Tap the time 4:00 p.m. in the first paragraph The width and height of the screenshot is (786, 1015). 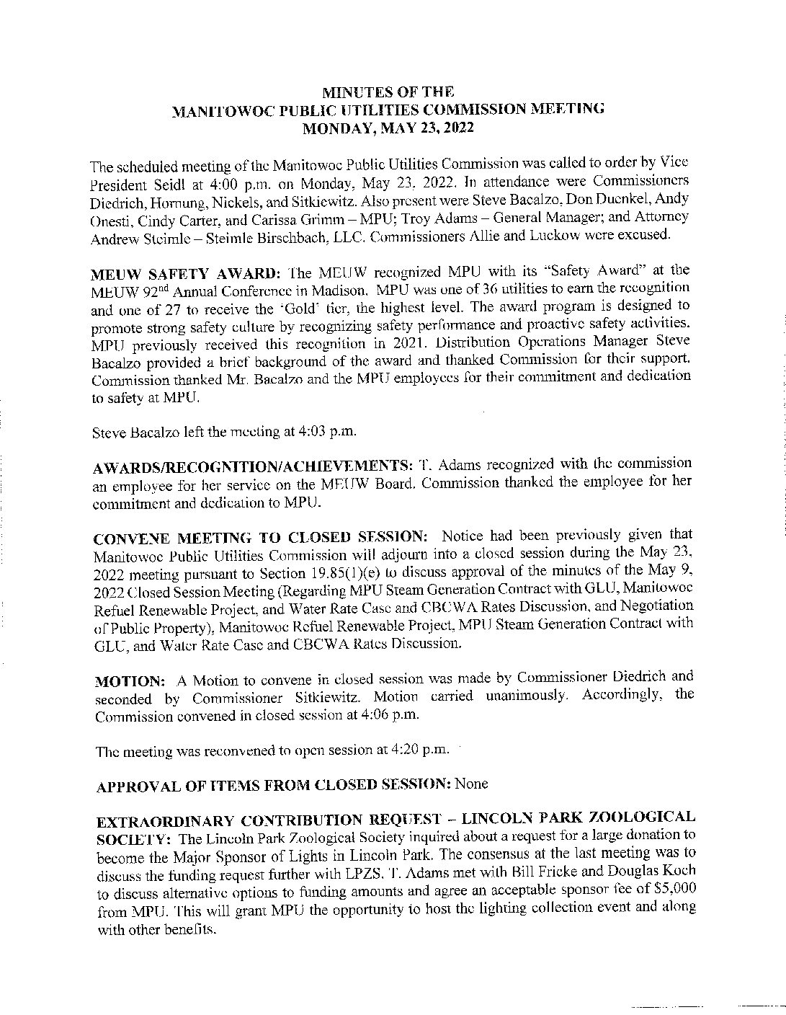click(207, 179)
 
